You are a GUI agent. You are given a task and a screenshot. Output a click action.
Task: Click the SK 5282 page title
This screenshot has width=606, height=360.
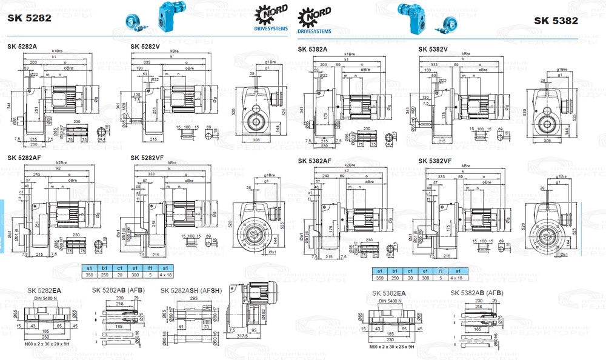tap(29, 18)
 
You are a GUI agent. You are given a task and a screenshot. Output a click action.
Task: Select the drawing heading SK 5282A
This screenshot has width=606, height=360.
tap(23, 46)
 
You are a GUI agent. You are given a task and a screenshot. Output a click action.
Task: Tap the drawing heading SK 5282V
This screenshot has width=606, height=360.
tap(146, 46)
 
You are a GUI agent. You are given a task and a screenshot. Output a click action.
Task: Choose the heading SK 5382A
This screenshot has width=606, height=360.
tap(313, 49)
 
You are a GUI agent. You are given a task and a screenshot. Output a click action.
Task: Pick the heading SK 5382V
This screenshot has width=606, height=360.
tap(433, 49)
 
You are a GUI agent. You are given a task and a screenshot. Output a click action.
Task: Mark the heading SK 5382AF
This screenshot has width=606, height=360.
tap(315, 161)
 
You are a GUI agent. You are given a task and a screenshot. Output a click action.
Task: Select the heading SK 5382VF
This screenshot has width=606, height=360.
tap(435, 161)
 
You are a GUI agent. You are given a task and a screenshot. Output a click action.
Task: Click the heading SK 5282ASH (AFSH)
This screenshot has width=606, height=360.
tap(191, 290)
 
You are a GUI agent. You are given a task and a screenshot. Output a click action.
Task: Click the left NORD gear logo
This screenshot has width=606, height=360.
tap(265, 13)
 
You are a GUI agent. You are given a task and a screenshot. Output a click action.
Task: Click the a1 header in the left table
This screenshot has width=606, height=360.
tap(89, 267)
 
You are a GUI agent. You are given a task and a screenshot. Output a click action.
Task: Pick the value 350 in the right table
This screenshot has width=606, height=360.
tap(379, 277)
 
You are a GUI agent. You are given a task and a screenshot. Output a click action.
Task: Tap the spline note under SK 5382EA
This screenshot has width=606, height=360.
tap(392, 347)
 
